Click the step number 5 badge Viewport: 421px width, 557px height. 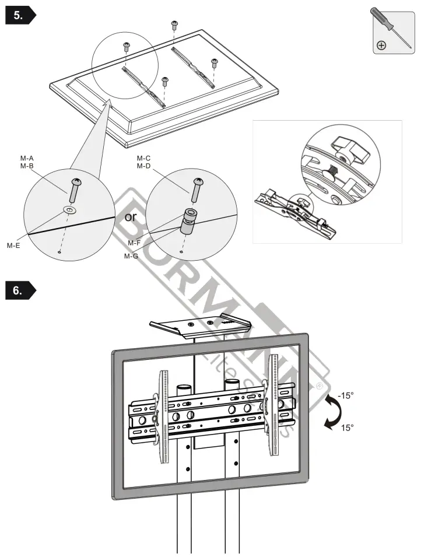click(x=20, y=16)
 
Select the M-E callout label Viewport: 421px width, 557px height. click(x=14, y=246)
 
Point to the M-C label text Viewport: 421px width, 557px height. click(x=144, y=159)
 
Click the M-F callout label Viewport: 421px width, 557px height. click(x=135, y=243)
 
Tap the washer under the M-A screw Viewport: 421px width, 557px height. click(x=70, y=209)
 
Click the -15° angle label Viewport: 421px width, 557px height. click(x=346, y=395)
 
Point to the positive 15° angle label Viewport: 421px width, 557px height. click(x=348, y=428)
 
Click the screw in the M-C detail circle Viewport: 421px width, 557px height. click(x=197, y=188)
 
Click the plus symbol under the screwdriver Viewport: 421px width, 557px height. click(x=381, y=45)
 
